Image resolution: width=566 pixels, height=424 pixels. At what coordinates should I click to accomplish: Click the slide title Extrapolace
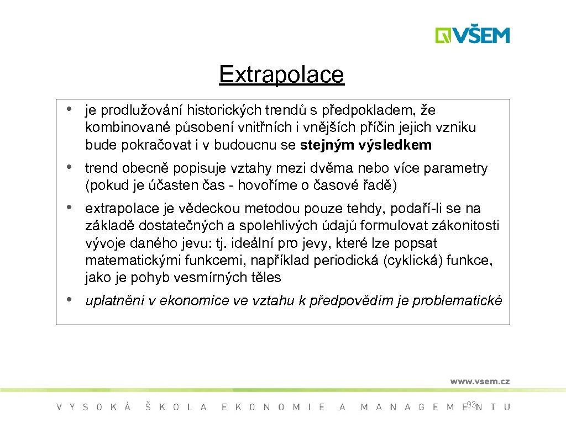281,75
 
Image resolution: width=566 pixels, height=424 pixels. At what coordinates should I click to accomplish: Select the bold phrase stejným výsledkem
366,145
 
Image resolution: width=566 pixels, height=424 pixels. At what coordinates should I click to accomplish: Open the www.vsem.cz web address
480,381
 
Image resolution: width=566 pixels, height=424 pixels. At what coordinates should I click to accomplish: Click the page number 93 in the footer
471,405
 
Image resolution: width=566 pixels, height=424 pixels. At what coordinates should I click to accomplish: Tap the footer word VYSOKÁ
93,407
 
